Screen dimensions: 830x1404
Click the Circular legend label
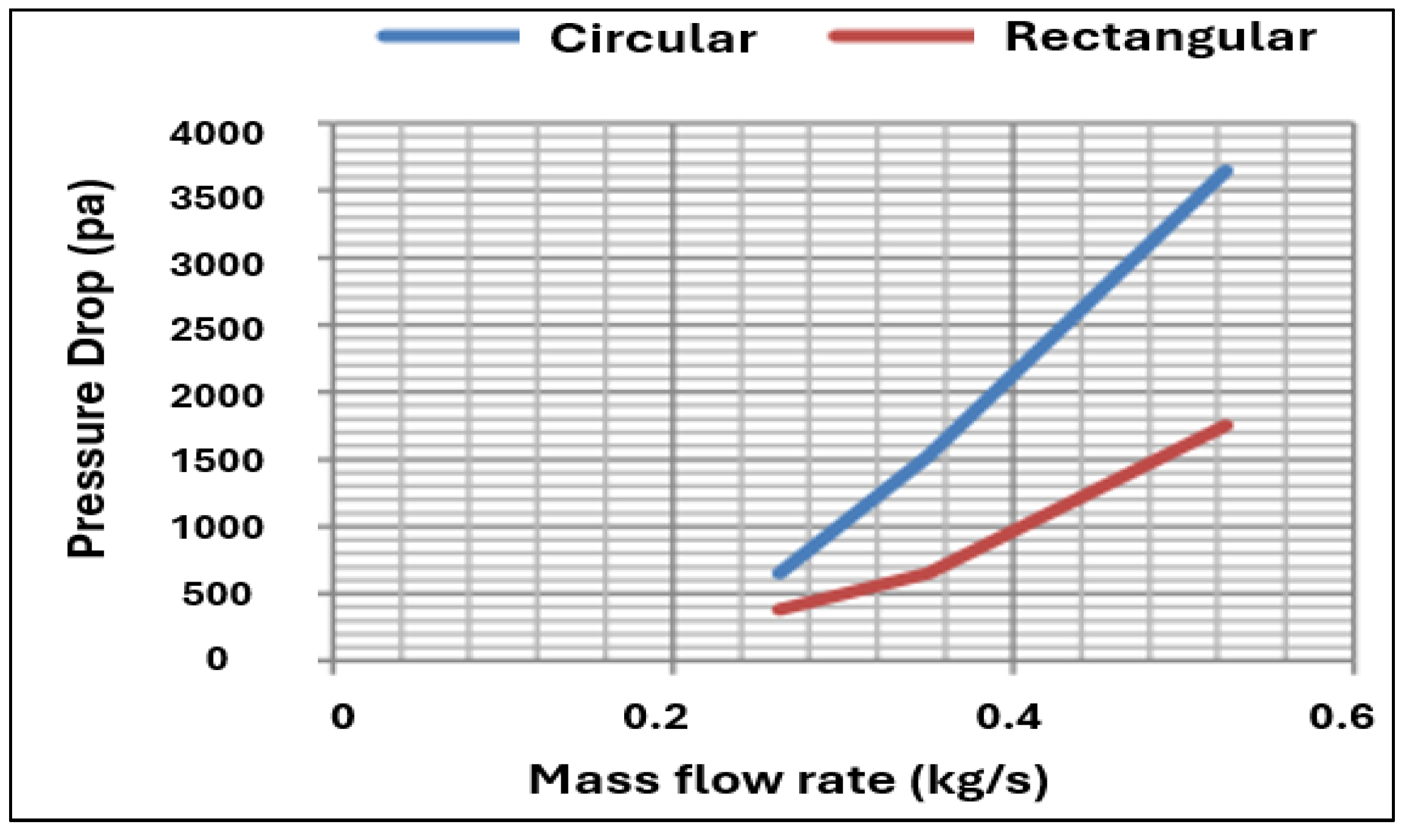point(653,39)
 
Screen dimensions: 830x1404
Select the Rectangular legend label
point(1159,38)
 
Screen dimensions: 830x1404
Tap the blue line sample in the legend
point(449,36)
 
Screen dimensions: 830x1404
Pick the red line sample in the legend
point(901,36)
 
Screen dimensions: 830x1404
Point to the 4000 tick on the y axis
point(216,133)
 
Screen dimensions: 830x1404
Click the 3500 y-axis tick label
point(216,198)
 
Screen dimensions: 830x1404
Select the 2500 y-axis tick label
point(216,330)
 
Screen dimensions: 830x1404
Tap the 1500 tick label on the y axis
point(216,462)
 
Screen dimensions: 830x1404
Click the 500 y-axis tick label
point(216,594)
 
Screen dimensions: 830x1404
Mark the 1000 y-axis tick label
point(216,528)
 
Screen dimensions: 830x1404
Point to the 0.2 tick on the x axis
point(656,717)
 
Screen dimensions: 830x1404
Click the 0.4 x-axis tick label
point(1008,717)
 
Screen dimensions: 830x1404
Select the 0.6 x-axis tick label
point(1341,717)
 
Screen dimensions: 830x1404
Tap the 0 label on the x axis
point(343,717)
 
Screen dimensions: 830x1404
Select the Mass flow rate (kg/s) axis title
point(788,780)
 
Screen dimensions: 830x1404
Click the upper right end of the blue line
point(1226,172)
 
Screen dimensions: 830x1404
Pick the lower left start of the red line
point(780,609)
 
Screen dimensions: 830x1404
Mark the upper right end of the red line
point(1226,426)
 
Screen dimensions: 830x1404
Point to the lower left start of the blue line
point(780,573)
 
